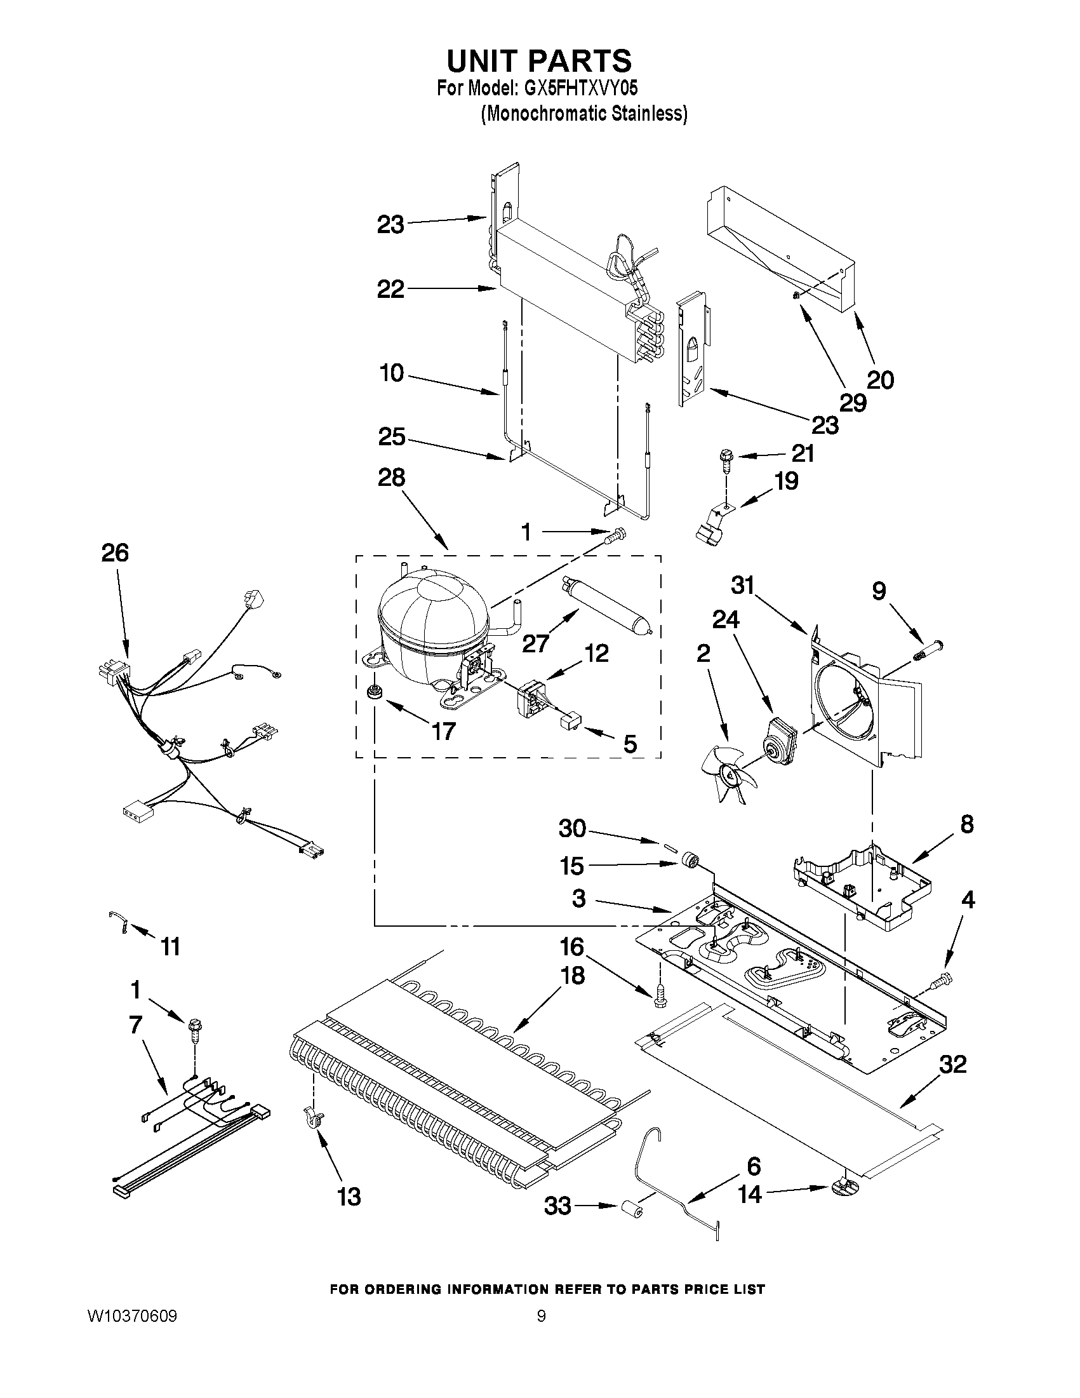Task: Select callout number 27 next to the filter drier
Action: [535, 643]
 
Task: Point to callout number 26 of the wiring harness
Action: [115, 553]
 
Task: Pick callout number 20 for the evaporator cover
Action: [880, 380]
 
